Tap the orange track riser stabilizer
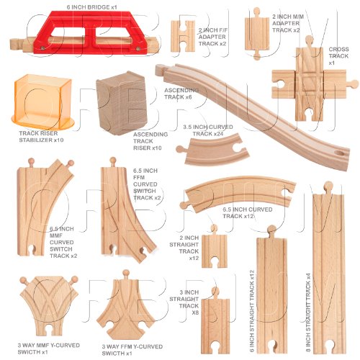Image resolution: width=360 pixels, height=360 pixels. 42,102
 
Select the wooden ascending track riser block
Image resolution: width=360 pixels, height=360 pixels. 122,103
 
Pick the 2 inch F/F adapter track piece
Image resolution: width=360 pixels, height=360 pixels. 183,36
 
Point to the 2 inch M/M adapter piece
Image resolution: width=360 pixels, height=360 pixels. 257,34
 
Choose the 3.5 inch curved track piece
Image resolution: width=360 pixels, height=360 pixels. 214,149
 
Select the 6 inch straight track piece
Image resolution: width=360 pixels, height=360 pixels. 272,289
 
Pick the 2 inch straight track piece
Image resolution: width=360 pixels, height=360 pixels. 215,250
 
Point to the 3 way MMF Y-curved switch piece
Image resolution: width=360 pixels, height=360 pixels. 49,305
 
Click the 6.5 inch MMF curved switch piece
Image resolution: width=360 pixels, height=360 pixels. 45,207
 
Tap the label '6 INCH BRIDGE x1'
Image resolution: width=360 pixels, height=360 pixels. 92,7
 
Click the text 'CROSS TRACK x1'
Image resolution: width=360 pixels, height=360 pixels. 338,56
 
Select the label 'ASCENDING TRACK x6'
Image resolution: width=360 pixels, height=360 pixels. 181,94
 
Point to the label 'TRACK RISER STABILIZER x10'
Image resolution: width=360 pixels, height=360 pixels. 41,137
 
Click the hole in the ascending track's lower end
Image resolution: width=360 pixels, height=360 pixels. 339,153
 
